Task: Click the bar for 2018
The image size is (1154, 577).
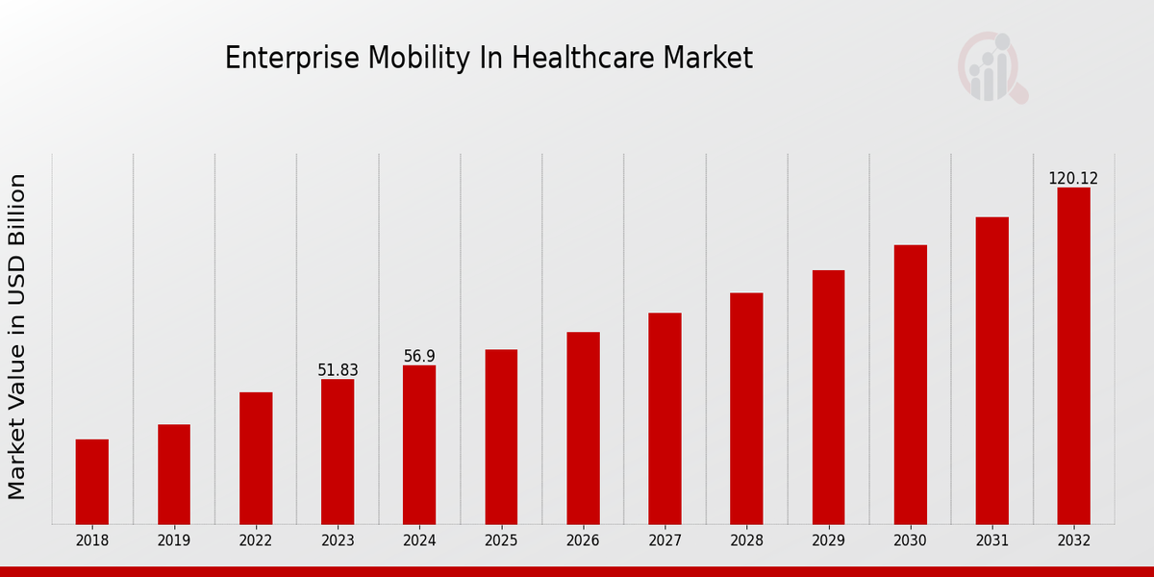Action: (92, 482)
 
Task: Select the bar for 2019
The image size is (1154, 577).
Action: (174, 474)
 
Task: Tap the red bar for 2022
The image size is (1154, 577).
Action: (256, 458)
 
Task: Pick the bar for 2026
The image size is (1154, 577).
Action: (583, 428)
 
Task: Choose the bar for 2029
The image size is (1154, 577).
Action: (828, 397)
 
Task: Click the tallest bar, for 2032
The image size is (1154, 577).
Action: (1073, 356)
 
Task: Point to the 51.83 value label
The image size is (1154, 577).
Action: (338, 370)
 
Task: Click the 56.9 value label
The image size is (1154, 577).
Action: (419, 357)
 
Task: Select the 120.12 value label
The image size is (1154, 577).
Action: (1073, 179)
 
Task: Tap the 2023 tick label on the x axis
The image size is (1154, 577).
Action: (338, 541)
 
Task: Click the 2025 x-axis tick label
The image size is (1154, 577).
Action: (501, 541)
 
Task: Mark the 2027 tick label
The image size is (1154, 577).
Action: (665, 541)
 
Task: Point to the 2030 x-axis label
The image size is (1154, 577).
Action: (910, 541)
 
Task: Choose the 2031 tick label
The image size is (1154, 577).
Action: (991, 541)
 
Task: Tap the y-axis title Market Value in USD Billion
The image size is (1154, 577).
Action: (17, 337)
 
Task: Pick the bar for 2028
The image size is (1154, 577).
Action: (746, 409)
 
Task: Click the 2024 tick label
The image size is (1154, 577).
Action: (419, 541)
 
